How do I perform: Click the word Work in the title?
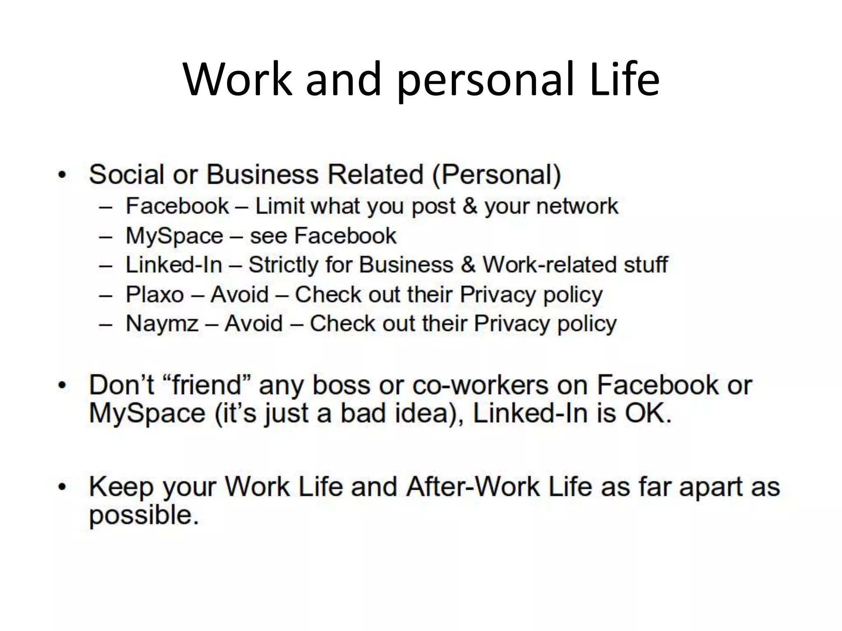(x=237, y=79)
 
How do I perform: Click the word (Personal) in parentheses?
(x=496, y=175)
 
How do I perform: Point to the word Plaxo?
(x=155, y=295)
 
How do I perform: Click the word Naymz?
(x=162, y=324)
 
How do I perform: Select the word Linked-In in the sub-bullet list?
(x=173, y=265)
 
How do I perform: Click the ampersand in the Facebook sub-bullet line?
(x=470, y=206)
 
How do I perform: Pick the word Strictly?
(x=283, y=265)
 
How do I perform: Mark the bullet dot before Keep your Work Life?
(x=62, y=488)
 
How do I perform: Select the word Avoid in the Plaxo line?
(x=239, y=295)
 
